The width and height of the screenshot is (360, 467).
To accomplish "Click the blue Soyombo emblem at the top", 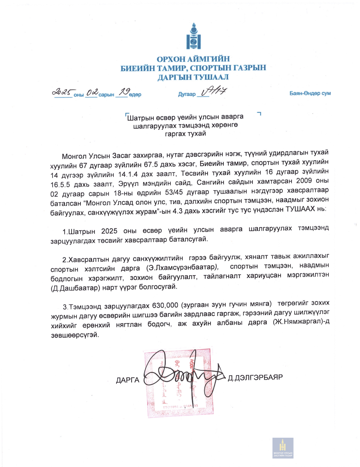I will tap(193, 36).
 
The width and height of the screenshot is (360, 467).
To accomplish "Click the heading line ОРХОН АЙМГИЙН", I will tap(193, 59).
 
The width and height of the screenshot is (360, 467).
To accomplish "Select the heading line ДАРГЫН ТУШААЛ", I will tap(193, 77).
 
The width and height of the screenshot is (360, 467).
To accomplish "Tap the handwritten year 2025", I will tap(62, 92).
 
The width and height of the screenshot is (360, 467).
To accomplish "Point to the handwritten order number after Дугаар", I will tap(214, 91).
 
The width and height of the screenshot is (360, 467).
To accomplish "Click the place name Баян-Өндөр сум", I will tap(310, 93).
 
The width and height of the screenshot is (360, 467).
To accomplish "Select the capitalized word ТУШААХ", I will tap(300, 209).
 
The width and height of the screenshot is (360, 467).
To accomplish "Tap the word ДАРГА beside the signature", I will tap(127, 380).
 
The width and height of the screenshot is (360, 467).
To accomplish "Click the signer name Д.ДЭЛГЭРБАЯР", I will tap(255, 377).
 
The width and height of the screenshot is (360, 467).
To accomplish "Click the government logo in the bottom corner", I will tap(283, 448).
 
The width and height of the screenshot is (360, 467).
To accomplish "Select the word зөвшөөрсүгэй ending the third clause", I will tap(75, 335).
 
